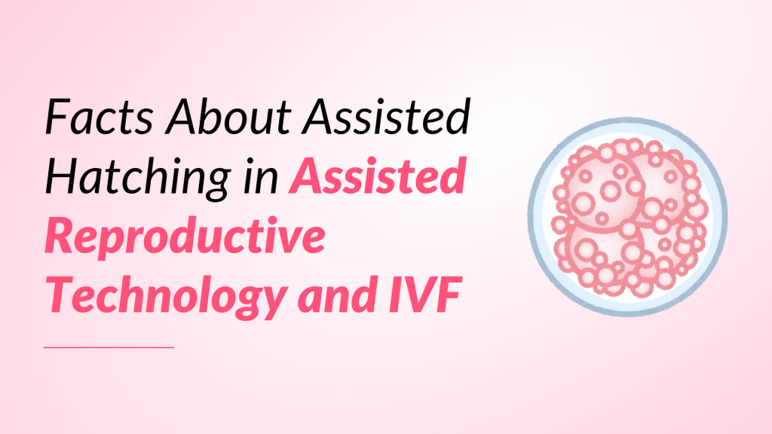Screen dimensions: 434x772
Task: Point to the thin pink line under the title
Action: coord(109,347)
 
